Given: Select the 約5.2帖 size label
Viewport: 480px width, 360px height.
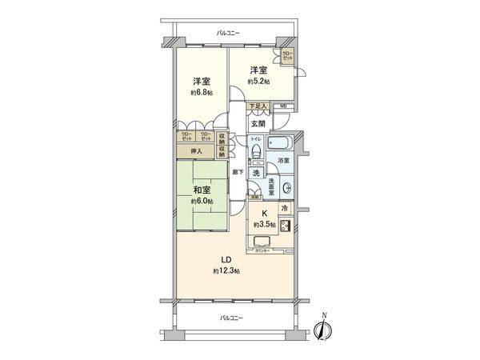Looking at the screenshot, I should [x=258, y=82].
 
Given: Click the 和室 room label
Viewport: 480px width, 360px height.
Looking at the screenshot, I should [x=201, y=190].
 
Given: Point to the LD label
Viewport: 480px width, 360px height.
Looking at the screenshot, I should [x=228, y=259].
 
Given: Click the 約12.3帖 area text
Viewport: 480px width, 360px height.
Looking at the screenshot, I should [x=227, y=271].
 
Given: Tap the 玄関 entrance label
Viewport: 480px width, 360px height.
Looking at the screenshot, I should [x=258, y=124].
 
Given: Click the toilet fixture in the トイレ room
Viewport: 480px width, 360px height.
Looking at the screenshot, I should [x=256, y=151].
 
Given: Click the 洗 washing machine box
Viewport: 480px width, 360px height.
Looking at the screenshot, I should [x=257, y=174].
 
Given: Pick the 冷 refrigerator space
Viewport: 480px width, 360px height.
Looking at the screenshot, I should [x=284, y=209].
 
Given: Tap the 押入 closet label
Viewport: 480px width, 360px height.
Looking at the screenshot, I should [x=196, y=150].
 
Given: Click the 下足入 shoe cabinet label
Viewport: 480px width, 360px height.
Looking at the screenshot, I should [x=255, y=106].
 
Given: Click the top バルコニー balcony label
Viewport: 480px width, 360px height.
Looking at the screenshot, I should [x=228, y=33].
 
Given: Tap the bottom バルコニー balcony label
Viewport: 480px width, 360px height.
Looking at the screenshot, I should [x=232, y=318].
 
